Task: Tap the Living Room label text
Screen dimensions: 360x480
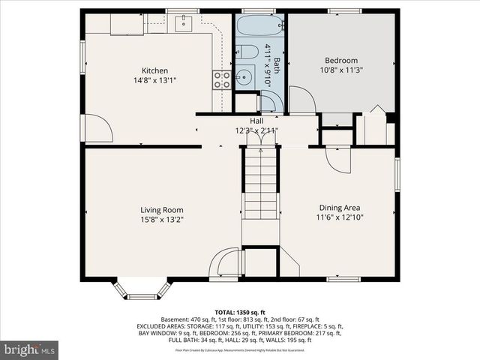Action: coord(162,210)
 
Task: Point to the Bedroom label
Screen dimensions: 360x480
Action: coord(341,61)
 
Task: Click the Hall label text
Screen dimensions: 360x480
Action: coord(256,121)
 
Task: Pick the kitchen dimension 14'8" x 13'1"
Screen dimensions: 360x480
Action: coord(155,80)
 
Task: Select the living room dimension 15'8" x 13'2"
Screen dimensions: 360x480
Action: coord(162,220)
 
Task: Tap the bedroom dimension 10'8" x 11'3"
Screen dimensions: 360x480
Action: coord(341,70)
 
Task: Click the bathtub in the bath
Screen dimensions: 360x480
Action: coord(259,29)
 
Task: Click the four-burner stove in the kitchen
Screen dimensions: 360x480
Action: coord(221,79)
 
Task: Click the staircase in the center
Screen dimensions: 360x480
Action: coord(259,184)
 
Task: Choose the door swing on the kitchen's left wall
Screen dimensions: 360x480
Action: coord(97,127)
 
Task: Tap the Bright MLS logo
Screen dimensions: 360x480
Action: coord(30,349)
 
